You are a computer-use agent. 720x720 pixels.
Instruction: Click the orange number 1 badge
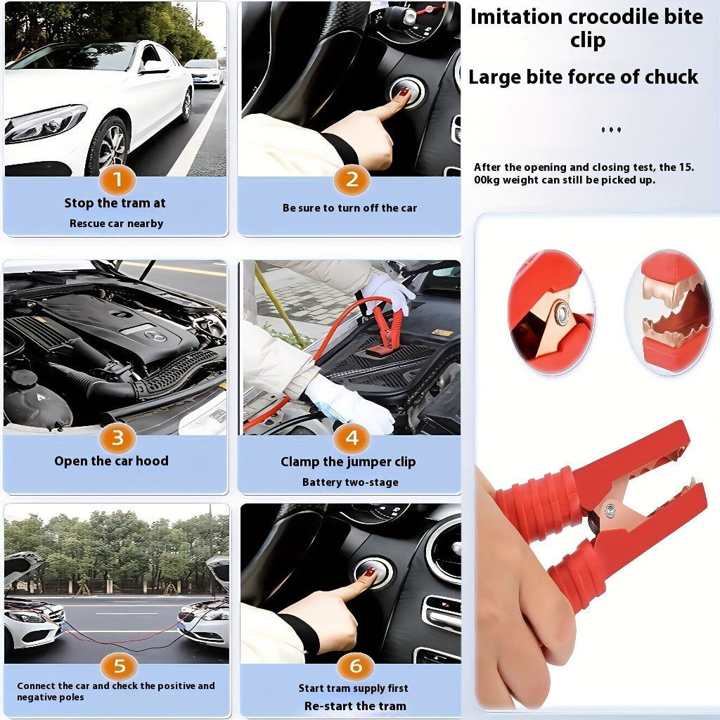tap(117, 180)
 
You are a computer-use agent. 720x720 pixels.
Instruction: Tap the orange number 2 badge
tap(352, 180)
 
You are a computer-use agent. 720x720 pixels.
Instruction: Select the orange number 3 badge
tap(117, 439)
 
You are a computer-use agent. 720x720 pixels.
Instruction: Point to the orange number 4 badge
tap(352, 439)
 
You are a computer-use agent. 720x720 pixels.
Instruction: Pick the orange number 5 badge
tap(119, 666)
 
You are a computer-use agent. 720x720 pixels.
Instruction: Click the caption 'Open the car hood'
tap(112, 461)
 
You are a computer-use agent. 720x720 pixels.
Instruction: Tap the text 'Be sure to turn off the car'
tap(349, 208)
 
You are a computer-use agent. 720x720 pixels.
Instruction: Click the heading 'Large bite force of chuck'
tap(584, 77)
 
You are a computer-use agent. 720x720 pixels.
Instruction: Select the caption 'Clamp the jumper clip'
tap(348, 462)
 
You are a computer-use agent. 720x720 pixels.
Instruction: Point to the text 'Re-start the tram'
tap(355, 706)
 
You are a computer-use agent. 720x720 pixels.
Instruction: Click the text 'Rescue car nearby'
tap(116, 224)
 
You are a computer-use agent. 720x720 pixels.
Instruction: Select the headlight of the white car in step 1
tap(45, 122)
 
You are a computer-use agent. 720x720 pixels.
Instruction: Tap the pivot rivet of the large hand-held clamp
tap(610, 509)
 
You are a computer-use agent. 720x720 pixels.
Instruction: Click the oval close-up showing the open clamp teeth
tap(668, 311)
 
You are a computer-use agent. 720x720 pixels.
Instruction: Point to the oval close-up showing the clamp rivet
tap(551, 312)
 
